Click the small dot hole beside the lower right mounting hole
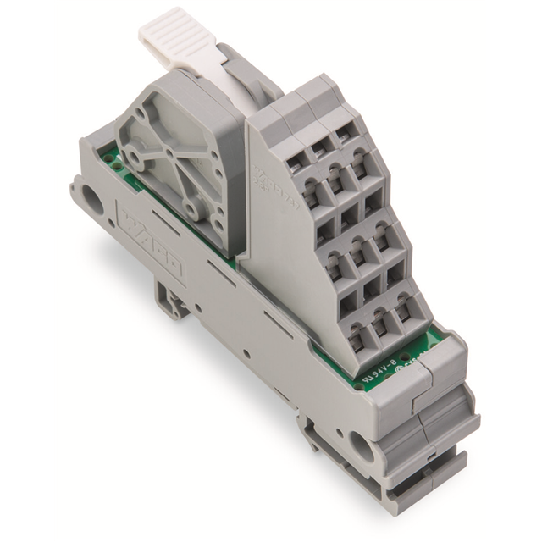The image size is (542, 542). pyautogui.click(x=337, y=431)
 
